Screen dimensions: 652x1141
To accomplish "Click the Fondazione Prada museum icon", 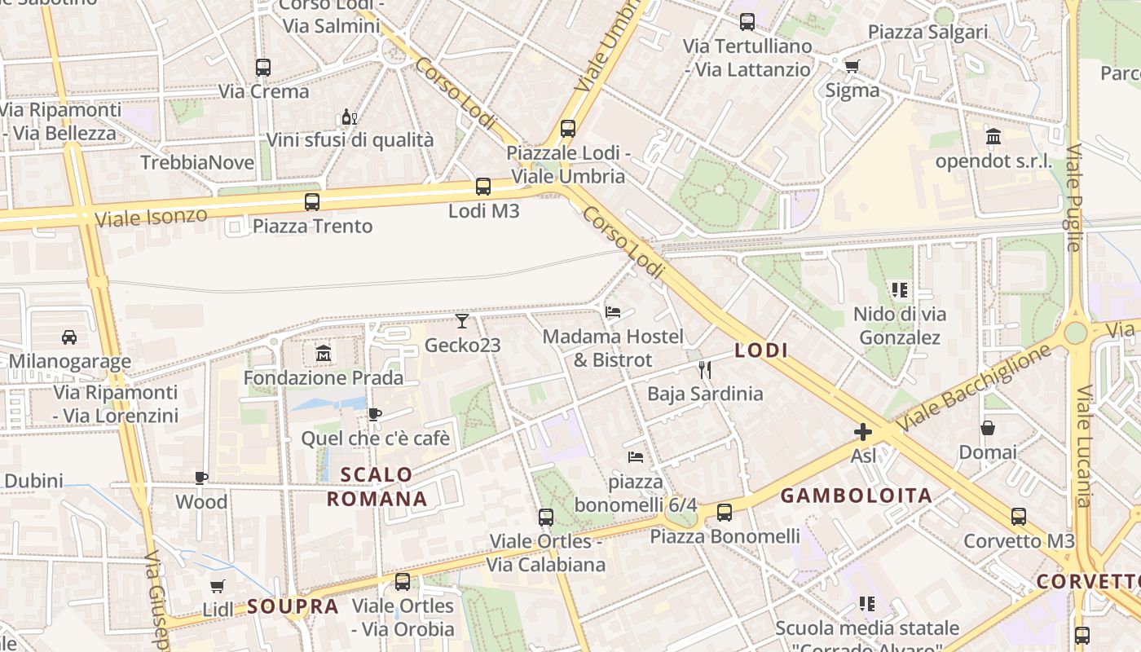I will pyautogui.click(x=324, y=354).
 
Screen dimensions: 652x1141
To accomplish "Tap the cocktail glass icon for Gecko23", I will pyautogui.click(x=462, y=321).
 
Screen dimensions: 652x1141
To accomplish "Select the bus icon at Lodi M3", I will pyautogui.click(x=483, y=187).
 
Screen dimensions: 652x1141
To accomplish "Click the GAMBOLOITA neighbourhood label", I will pyautogui.click(x=856, y=496).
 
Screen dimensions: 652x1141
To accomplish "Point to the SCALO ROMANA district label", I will pyautogui.click(x=377, y=487).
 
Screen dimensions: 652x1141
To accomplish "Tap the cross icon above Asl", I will pyautogui.click(x=863, y=431).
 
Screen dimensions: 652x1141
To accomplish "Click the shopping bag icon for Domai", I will pyautogui.click(x=988, y=428).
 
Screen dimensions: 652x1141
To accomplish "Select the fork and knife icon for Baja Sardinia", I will pyautogui.click(x=705, y=370).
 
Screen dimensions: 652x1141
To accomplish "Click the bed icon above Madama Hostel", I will pyautogui.click(x=613, y=312).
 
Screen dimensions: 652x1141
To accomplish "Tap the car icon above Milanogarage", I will pyautogui.click(x=69, y=337).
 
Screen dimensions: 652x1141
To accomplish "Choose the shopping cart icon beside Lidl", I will pyautogui.click(x=218, y=586).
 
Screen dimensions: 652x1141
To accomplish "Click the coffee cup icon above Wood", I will pyautogui.click(x=201, y=478).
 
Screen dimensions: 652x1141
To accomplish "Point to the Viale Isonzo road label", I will pyautogui.click(x=151, y=218).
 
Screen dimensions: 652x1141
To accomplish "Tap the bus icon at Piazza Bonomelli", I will pyautogui.click(x=725, y=513).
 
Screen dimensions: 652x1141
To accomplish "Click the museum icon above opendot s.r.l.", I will pyautogui.click(x=993, y=136).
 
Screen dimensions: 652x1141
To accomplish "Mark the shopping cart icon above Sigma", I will pyautogui.click(x=852, y=66).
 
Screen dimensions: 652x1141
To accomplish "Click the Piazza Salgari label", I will pyautogui.click(x=927, y=32).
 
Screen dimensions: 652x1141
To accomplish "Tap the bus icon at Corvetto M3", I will pyautogui.click(x=1019, y=516).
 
